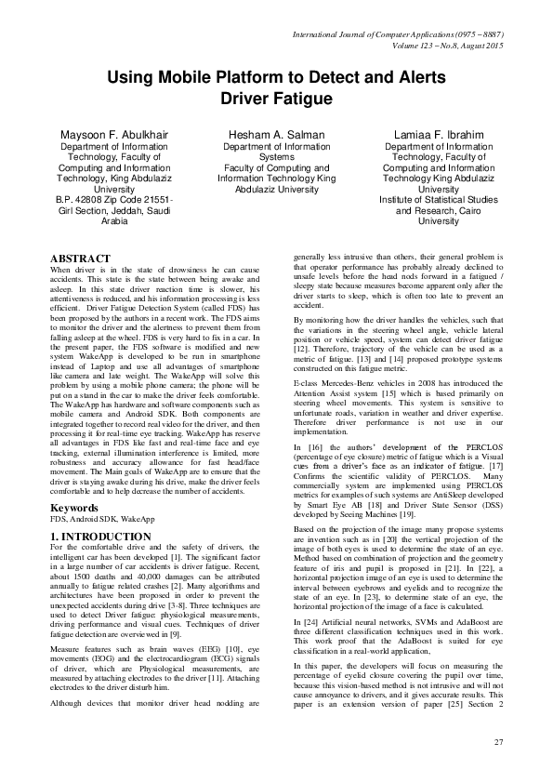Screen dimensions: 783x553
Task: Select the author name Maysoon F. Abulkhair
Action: [x=114, y=135]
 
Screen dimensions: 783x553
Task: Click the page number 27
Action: [x=497, y=740]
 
